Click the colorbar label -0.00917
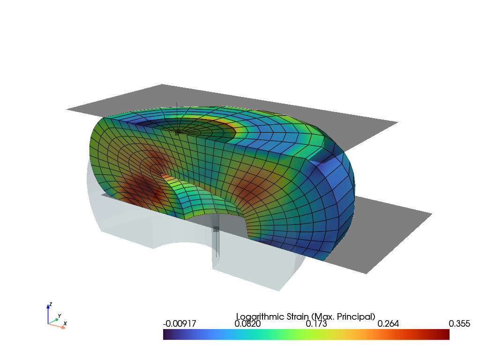[x=180, y=324]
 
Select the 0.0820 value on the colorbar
[x=247, y=324]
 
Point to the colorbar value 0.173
[x=316, y=324]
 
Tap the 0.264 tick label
[x=388, y=324]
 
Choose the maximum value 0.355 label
[x=459, y=324]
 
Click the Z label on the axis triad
[x=51, y=304]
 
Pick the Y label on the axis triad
[x=60, y=316]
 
